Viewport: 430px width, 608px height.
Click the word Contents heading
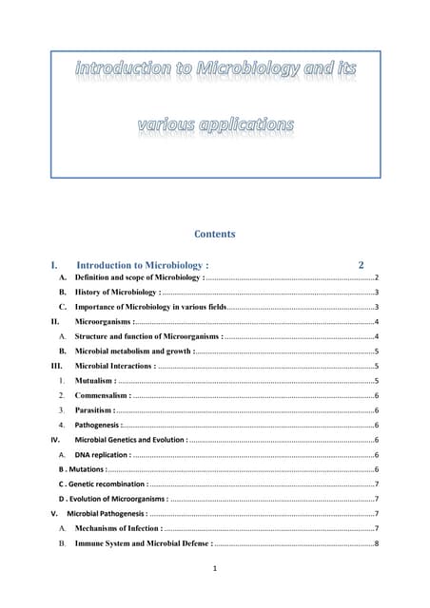[x=215, y=234]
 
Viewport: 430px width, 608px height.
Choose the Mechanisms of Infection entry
[x=117, y=527]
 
